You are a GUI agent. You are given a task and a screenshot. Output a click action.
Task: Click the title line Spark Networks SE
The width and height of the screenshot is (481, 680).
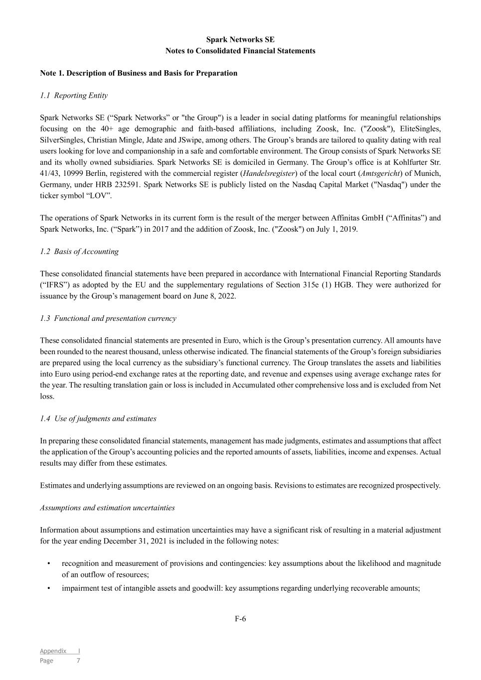coord(240,40)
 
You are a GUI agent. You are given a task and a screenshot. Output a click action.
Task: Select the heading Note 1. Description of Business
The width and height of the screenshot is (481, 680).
coord(139,73)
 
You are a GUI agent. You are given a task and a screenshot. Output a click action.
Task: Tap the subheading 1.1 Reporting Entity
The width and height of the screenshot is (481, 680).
coord(74,95)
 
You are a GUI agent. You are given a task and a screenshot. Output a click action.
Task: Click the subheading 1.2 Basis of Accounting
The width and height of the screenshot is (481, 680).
coord(79,252)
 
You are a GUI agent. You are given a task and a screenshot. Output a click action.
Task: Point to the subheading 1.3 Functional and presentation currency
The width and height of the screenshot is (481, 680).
coord(108,318)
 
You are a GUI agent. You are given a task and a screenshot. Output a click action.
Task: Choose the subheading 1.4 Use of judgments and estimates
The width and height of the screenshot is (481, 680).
coord(98,418)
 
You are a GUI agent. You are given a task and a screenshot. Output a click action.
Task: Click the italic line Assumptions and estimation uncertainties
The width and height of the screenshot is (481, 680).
coord(107,508)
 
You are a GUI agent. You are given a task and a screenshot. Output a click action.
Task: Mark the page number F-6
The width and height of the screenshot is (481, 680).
coord(240,619)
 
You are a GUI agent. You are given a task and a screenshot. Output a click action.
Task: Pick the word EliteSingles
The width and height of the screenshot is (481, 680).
coord(420,129)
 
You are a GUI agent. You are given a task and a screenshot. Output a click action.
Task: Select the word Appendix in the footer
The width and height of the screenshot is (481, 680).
coord(53,651)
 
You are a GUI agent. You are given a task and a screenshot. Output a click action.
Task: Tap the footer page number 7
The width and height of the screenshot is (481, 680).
coord(78,661)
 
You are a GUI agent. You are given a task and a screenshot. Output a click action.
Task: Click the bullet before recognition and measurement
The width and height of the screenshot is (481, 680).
coord(49,563)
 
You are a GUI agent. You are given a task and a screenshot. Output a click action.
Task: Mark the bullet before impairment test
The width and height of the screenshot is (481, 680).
coord(49,588)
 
